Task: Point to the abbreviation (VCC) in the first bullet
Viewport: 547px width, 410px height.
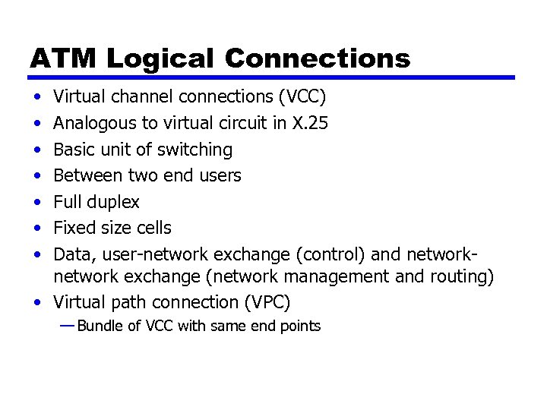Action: coord(302,97)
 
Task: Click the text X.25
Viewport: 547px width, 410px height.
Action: coord(311,123)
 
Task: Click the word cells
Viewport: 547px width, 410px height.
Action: coord(153,228)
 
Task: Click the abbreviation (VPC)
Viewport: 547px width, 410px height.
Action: coord(267,302)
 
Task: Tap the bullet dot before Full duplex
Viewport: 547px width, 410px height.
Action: coord(37,203)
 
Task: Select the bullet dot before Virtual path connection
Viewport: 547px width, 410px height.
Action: coord(37,302)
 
